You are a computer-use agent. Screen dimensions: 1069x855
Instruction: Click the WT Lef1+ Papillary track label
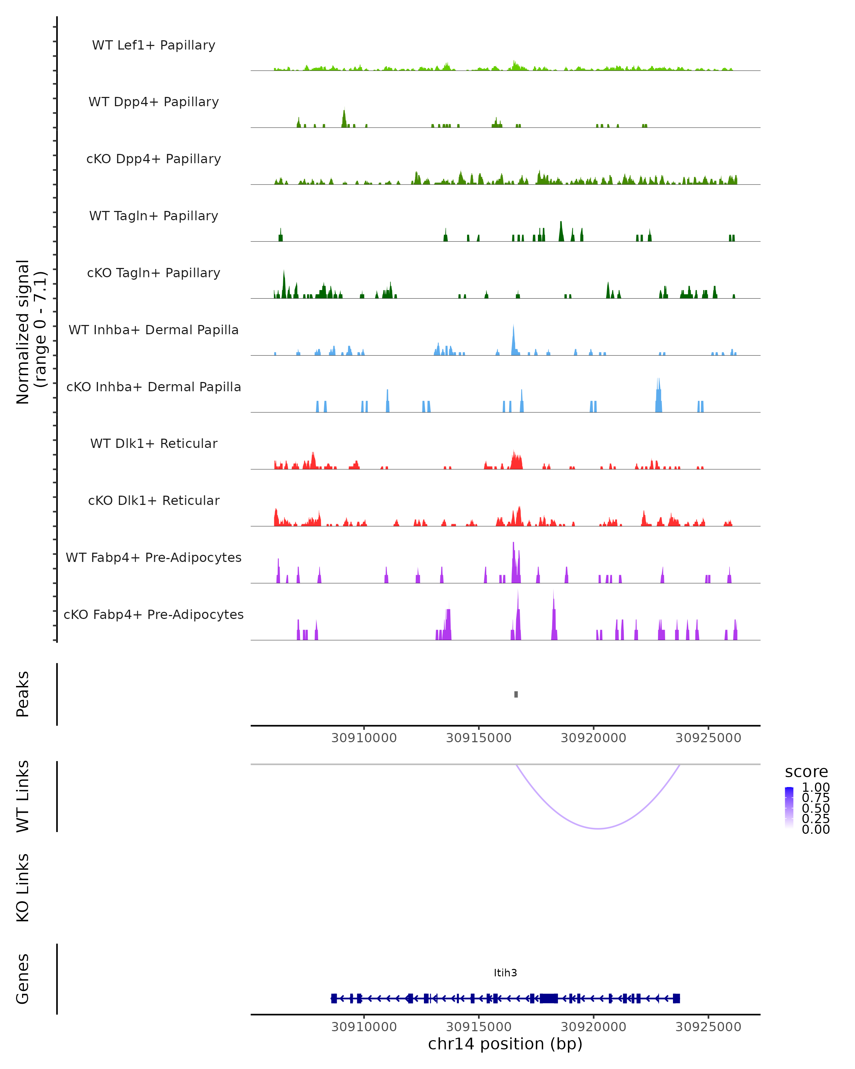click(154, 45)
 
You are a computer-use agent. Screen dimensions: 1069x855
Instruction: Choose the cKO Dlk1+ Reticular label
click(154, 500)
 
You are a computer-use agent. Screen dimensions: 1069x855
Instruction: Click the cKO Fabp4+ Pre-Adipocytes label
click(154, 614)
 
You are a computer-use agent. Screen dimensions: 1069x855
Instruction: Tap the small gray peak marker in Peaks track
click(516, 694)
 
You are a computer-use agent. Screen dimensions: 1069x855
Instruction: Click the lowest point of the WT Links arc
click(598, 828)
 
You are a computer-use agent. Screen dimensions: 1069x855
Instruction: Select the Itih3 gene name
click(505, 973)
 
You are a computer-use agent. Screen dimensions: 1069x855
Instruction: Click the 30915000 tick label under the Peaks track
click(478, 738)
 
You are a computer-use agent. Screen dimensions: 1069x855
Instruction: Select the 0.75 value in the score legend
click(815, 798)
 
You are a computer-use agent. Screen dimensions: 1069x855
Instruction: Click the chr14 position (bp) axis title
click(505, 1044)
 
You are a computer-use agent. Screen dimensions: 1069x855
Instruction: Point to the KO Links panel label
click(23, 888)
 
